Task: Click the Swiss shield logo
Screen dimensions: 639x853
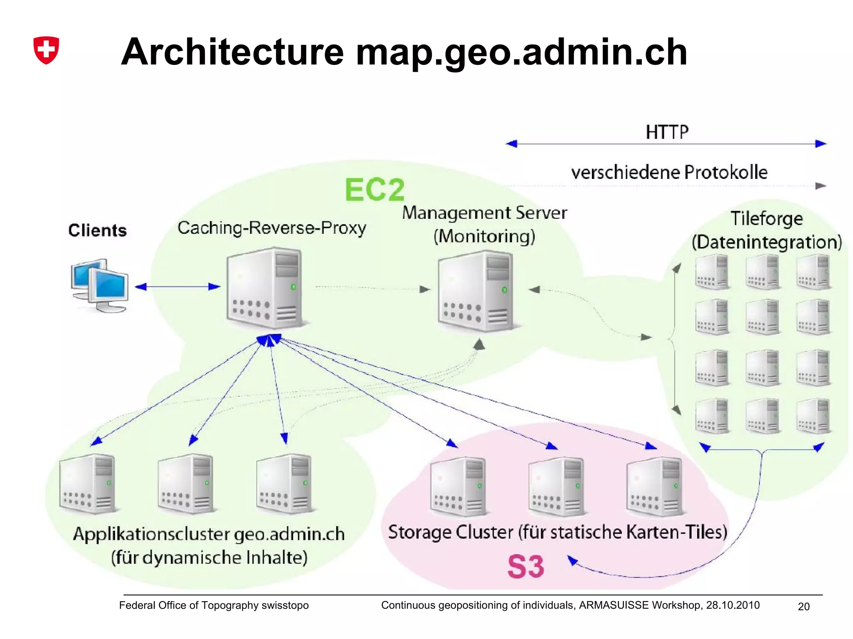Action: [46, 50]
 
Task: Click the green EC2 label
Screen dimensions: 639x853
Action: [374, 190]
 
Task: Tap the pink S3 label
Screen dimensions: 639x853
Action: [526, 567]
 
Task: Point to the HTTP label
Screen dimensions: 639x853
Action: [667, 132]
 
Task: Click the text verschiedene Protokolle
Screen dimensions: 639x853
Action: [669, 172]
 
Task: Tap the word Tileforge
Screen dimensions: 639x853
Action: [766, 218]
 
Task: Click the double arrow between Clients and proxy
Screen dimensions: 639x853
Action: [177, 287]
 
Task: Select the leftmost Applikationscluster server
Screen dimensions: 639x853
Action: [87, 483]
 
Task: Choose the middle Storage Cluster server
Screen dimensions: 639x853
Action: [556, 486]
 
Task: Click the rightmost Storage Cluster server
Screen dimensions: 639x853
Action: [654, 486]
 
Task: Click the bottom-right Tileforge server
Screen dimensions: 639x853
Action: [813, 416]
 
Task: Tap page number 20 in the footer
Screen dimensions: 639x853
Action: [803, 607]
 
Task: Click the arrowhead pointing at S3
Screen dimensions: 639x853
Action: [573, 560]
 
